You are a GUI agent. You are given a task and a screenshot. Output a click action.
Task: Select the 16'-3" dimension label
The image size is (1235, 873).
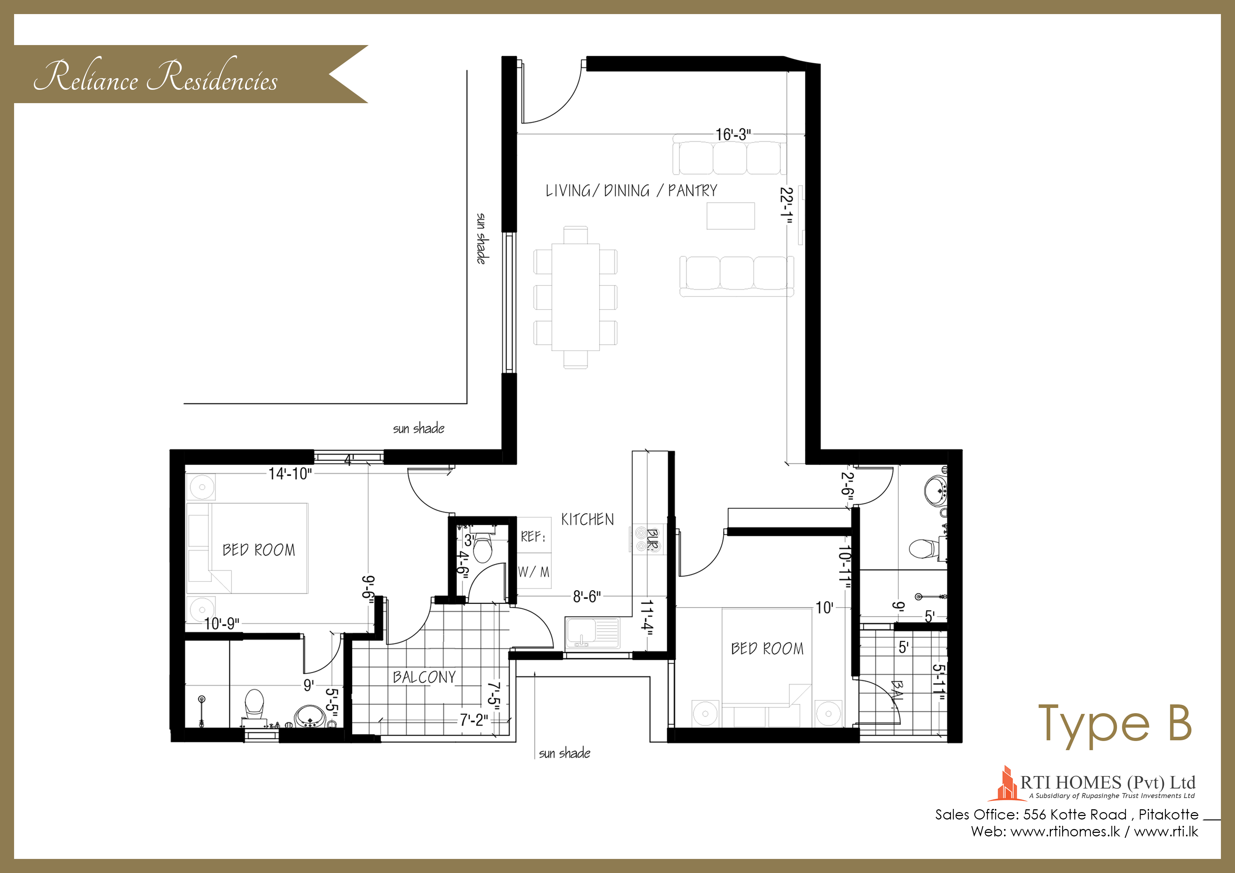point(733,134)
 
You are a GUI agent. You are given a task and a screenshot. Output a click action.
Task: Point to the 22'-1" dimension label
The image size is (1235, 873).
point(787,205)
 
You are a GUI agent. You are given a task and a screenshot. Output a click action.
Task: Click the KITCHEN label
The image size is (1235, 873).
point(587,519)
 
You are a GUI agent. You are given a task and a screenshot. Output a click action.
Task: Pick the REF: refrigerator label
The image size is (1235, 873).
point(533,536)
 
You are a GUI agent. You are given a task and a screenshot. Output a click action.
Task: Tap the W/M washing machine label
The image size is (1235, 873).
point(534,572)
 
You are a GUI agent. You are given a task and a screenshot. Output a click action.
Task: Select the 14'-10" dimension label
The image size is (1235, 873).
point(290,473)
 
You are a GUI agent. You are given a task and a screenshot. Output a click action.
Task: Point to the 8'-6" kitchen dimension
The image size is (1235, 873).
point(587,597)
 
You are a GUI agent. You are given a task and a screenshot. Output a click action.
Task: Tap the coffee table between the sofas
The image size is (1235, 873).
point(731,216)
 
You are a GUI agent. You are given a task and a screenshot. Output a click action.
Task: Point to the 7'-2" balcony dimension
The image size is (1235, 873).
point(474,720)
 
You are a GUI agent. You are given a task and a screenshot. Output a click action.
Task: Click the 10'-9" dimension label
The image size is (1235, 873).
point(221,623)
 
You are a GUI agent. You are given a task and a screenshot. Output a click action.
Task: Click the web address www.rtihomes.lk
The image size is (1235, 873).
point(1065,831)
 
